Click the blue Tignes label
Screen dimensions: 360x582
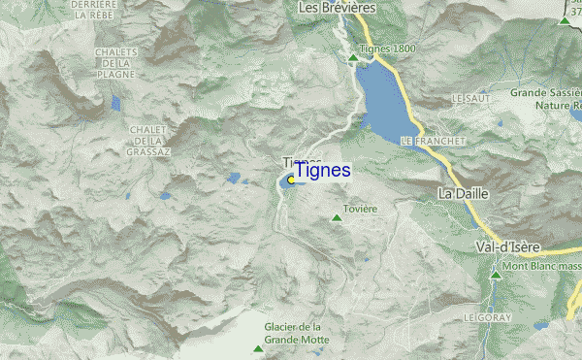coord(323,170)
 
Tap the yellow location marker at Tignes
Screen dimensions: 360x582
coord(291,180)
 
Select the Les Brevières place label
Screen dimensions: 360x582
coord(336,9)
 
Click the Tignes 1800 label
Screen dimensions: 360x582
coord(388,50)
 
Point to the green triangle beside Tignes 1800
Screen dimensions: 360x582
coord(353,57)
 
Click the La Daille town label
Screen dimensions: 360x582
coord(464,194)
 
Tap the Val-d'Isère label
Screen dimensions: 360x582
coord(513,247)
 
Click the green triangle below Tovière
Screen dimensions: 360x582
coord(337,218)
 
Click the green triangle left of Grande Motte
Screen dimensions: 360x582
coord(257,348)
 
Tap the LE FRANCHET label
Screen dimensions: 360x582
coord(433,142)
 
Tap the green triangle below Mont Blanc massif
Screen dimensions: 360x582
coord(496,276)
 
